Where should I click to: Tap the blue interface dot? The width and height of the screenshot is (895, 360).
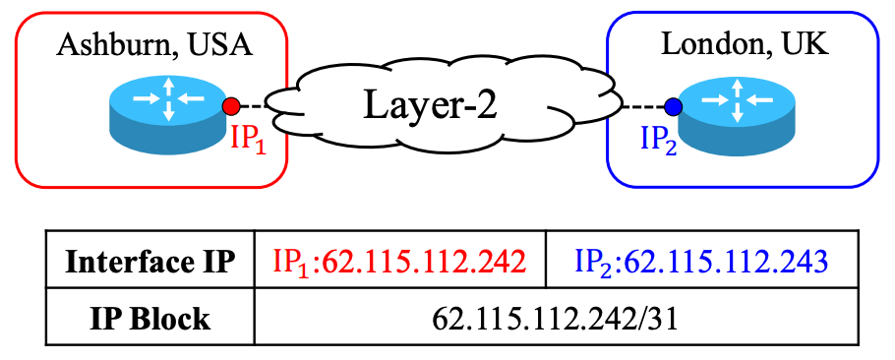pyautogui.click(x=673, y=107)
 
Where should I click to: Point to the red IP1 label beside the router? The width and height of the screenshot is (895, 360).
pyautogui.click(x=248, y=137)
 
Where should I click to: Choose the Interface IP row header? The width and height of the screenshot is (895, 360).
pyautogui.click(x=150, y=263)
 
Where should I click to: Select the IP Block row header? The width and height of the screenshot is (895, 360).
pyautogui.click(x=150, y=319)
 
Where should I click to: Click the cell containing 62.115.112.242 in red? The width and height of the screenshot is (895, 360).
pyautogui.click(x=399, y=263)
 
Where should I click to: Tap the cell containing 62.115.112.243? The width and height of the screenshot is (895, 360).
pyautogui.click(x=699, y=263)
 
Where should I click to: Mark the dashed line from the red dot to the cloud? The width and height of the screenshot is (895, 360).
pyautogui.click(x=253, y=104)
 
